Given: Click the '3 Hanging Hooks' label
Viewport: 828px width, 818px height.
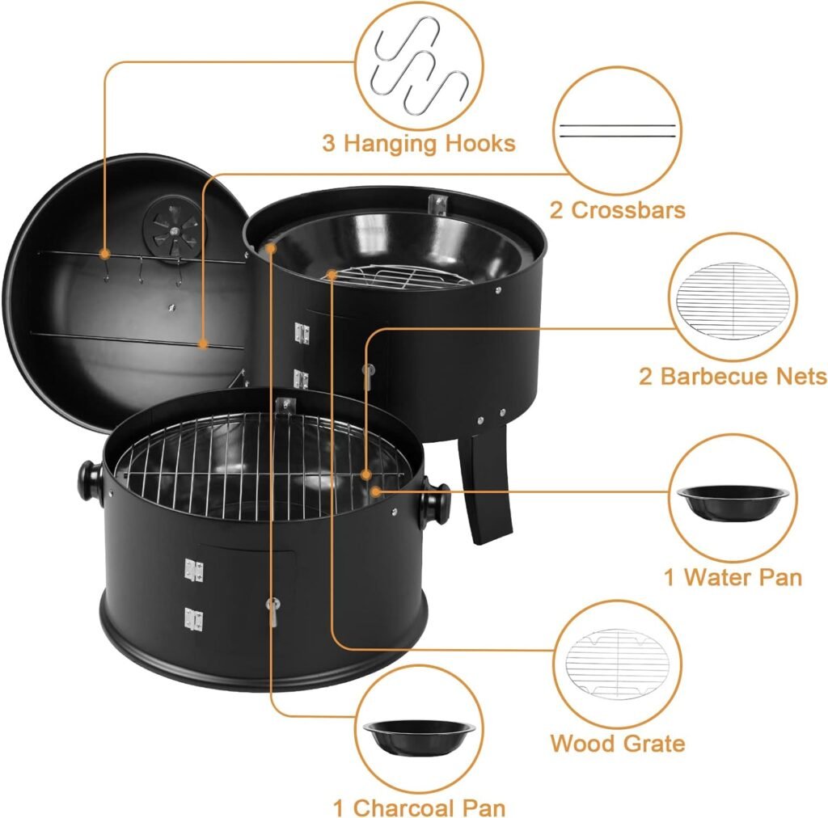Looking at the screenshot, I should pyautogui.click(x=418, y=144).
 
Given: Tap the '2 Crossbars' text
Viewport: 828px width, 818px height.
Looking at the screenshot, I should pyautogui.click(x=618, y=210).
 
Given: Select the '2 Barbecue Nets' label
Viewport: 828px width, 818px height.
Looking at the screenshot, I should pyautogui.click(x=733, y=377).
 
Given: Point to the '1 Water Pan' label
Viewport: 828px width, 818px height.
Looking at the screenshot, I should pyautogui.click(x=733, y=577).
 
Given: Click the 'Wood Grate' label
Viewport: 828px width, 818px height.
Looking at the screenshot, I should pyautogui.click(x=618, y=744).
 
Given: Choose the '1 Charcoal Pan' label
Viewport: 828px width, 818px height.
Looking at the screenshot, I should pyautogui.click(x=419, y=807).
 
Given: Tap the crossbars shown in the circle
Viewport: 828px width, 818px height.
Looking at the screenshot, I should pyautogui.click(x=618, y=131).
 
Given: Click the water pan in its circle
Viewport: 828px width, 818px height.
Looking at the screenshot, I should pyautogui.click(x=734, y=501).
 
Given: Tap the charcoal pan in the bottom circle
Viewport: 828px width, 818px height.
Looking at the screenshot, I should pyautogui.click(x=419, y=736).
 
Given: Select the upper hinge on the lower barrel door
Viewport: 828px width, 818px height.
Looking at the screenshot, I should pyautogui.click(x=193, y=571).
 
